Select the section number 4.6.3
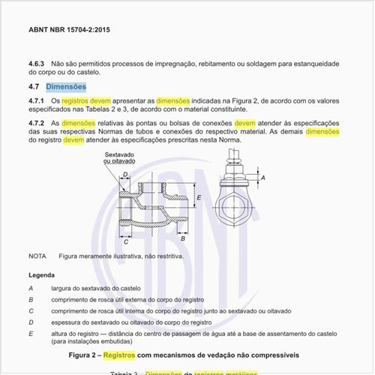click(37, 64)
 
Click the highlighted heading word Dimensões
click(66, 86)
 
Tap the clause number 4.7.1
click(37, 100)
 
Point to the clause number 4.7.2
click(37, 121)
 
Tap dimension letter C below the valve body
click(126, 241)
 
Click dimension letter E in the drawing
click(199, 198)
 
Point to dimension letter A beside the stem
click(263, 178)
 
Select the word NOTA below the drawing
click(37, 256)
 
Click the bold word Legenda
click(42, 275)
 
